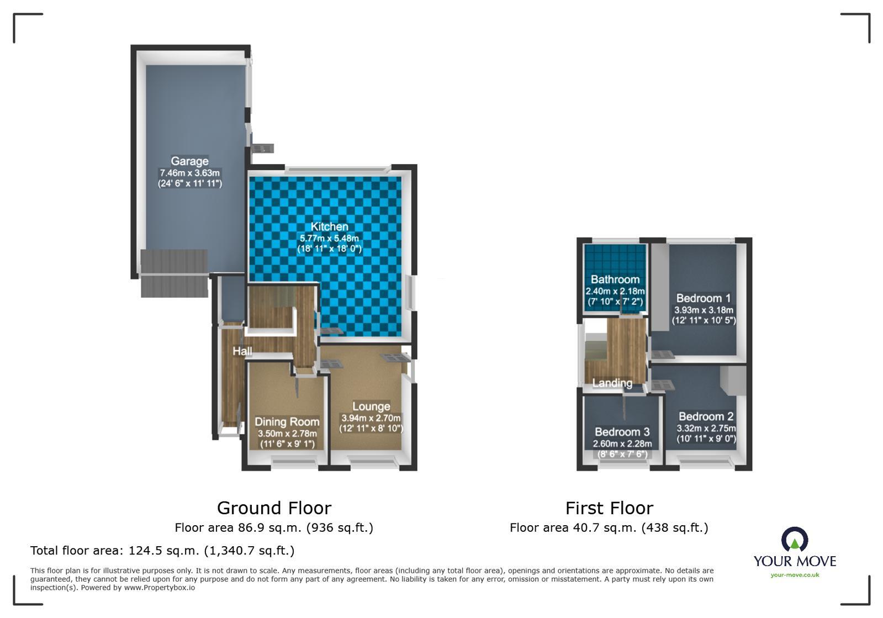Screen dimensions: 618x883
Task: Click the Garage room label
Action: pyautogui.click(x=189, y=161)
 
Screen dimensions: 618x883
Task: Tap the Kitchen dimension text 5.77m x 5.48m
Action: pyautogui.click(x=329, y=238)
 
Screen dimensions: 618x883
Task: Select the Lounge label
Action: pyautogui.click(x=371, y=406)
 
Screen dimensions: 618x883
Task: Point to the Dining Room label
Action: pyautogui.click(x=287, y=422)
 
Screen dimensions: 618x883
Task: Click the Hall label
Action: pyautogui.click(x=242, y=351)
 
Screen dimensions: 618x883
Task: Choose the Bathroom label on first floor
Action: pyautogui.click(x=615, y=279)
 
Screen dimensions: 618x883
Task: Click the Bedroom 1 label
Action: pyautogui.click(x=703, y=298)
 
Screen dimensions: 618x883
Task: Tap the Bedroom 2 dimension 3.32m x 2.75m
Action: pyautogui.click(x=706, y=428)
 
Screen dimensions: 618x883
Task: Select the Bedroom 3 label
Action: pyautogui.click(x=622, y=432)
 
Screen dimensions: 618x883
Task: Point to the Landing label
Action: pyautogui.click(x=612, y=383)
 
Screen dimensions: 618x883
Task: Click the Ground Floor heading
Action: pyautogui.click(x=274, y=508)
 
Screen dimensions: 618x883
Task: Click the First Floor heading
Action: pyautogui.click(x=609, y=508)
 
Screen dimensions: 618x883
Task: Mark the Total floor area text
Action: pyautogui.click(x=162, y=551)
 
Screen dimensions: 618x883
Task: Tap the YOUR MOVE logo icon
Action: pyautogui.click(x=794, y=539)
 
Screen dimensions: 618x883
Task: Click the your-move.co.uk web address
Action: pyautogui.click(x=795, y=575)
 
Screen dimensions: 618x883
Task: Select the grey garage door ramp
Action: pyautogui.click(x=174, y=273)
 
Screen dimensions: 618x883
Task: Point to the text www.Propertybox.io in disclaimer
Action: pyautogui.click(x=159, y=588)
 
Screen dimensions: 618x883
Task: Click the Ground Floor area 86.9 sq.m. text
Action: pyautogui.click(x=274, y=527)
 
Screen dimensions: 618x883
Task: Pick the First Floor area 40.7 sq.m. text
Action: pyautogui.click(x=609, y=527)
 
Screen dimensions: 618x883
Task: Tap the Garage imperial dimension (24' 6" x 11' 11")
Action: pyautogui.click(x=190, y=183)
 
